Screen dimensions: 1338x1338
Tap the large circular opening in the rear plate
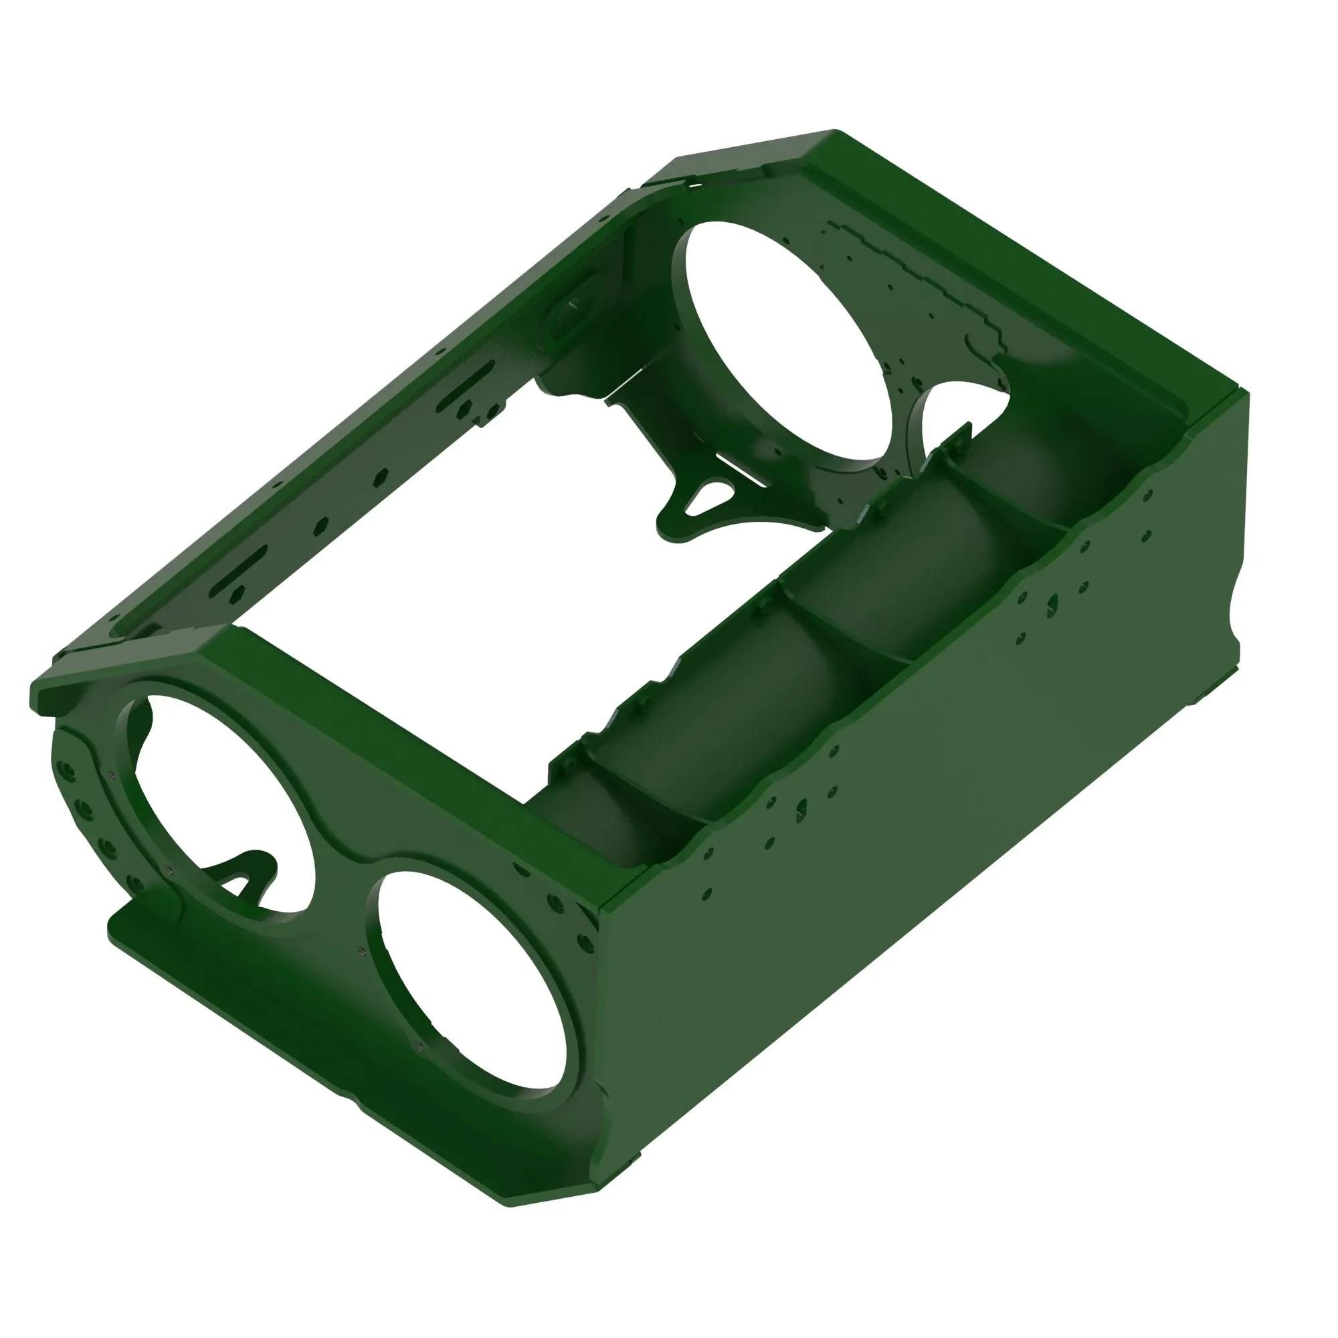[783, 339]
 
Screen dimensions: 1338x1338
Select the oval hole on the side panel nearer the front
[802, 807]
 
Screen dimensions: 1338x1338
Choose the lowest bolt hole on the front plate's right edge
[586, 943]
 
